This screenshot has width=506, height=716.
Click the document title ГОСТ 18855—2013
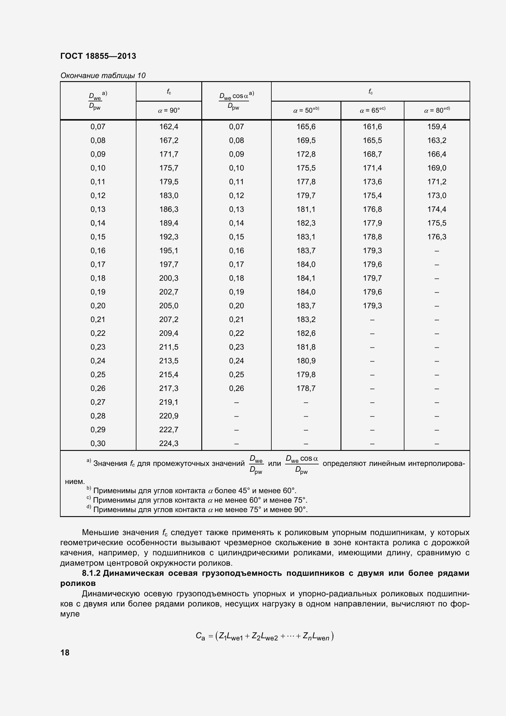click(x=98, y=56)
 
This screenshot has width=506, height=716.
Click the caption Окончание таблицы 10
click(x=103, y=76)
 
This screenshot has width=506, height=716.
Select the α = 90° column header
click(x=169, y=111)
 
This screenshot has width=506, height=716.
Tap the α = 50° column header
click(x=306, y=111)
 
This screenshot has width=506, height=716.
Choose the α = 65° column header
click(x=372, y=111)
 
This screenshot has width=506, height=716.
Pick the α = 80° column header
click(x=437, y=111)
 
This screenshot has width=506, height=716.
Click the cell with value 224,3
click(x=169, y=443)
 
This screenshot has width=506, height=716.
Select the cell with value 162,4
click(x=169, y=127)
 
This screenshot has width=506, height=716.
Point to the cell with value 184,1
click(x=306, y=278)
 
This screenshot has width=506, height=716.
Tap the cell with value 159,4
click(x=437, y=127)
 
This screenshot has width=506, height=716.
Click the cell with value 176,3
click(x=437, y=237)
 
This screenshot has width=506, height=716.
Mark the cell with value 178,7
click(x=306, y=388)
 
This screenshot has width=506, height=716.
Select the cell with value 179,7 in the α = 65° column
click(x=372, y=278)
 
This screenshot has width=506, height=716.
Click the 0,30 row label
click(x=98, y=443)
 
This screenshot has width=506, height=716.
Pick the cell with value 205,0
click(x=169, y=306)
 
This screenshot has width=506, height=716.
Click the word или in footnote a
click(x=274, y=464)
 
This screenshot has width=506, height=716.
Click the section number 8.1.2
click(x=91, y=573)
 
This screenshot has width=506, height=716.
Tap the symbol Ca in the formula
click(x=200, y=636)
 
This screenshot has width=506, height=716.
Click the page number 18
click(x=65, y=653)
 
